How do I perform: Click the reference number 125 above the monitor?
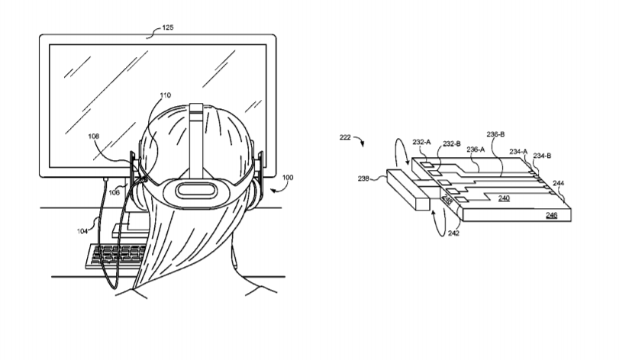click(168, 27)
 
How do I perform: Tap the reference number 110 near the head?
click(166, 95)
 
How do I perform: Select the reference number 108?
click(94, 136)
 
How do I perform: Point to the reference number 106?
click(114, 192)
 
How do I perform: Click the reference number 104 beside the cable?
click(82, 231)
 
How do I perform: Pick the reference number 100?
click(288, 178)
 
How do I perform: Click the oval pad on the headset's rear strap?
click(197, 191)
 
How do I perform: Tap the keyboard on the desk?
click(115, 256)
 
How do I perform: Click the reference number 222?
click(345, 137)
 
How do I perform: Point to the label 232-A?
click(421, 142)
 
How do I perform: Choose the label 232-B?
click(452, 144)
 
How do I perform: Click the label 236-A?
click(476, 149)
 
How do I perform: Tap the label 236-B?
click(495, 134)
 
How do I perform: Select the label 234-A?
click(518, 151)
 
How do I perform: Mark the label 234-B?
click(542, 156)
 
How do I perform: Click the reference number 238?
click(363, 178)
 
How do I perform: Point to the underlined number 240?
click(504, 198)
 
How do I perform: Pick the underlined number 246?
click(552, 215)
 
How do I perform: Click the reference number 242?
click(453, 233)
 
